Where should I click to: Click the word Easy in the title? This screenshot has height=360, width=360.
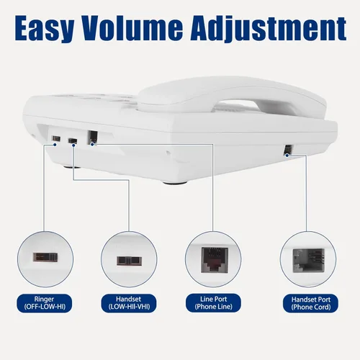pyautogui.click(x=45, y=28)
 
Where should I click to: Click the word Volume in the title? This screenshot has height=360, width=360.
pyautogui.click(x=132, y=27)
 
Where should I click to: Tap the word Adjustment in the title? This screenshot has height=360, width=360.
pyautogui.click(x=269, y=30)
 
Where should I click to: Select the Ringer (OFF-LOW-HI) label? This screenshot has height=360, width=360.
pyautogui.click(x=44, y=303)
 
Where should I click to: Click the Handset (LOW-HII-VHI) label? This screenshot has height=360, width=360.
pyautogui.click(x=129, y=303)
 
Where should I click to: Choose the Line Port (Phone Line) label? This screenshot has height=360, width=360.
pyautogui.click(x=213, y=303)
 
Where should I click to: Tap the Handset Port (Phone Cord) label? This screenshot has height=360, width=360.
pyautogui.click(x=311, y=303)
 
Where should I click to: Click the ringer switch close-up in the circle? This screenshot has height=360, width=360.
pyautogui.click(x=45, y=257)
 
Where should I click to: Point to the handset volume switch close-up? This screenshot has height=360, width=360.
pyautogui.click(x=129, y=261)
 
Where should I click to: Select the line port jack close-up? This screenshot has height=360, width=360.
pyautogui.click(x=215, y=260)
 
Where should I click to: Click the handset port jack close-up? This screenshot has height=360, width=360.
pyautogui.click(x=309, y=261)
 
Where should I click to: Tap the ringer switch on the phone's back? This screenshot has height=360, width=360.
pyautogui.click(x=56, y=138)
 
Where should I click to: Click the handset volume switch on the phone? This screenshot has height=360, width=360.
pyautogui.click(x=73, y=140)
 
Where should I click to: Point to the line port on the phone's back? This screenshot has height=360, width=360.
pyautogui.click(x=93, y=138)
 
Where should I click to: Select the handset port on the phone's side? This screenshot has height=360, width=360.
pyautogui.click(x=287, y=150)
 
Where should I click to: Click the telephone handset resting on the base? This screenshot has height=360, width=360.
pyautogui.click(x=232, y=97)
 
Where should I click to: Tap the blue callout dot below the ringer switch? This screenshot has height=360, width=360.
pyautogui.click(x=55, y=145)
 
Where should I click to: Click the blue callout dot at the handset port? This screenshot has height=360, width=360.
pyautogui.click(x=287, y=156)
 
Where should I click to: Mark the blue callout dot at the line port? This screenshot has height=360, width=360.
pyautogui.click(x=92, y=144)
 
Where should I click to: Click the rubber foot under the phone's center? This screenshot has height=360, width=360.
pyautogui.click(x=175, y=183)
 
